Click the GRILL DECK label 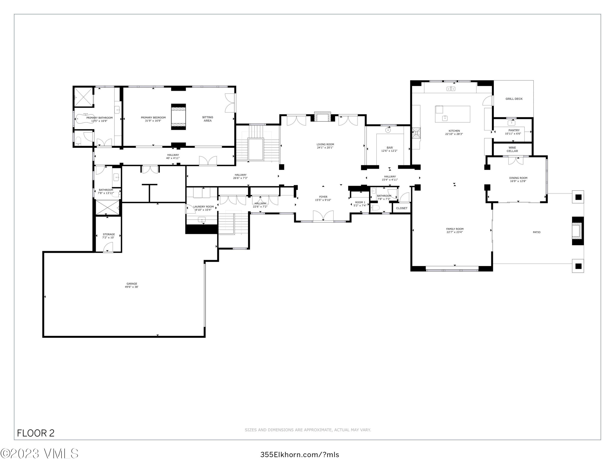[514, 99]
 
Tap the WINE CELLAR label [512, 149]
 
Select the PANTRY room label [514, 130]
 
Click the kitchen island [452, 114]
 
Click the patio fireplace [577, 231]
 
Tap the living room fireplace [323, 117]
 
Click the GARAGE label [131, 284]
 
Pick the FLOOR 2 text [36, 433]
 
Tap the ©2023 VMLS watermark [39, 454]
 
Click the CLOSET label [402, 208]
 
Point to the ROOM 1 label [360, 202]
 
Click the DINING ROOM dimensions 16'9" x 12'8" [518, 181]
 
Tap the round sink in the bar [388, 130]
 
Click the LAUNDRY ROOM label [204, 207]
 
